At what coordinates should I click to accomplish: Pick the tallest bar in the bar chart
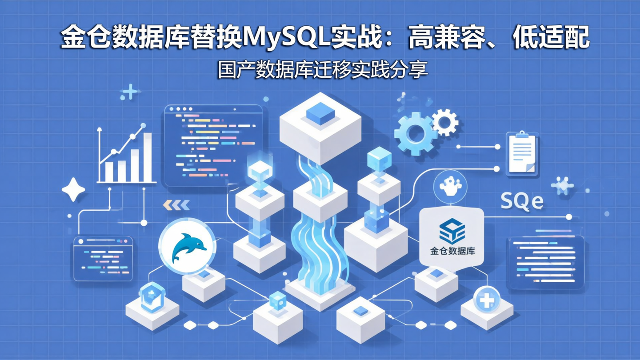(x=147, y=157)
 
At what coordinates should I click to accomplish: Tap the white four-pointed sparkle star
(x=73, y=190)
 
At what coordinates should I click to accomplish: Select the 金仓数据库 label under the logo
(x=452, y=251)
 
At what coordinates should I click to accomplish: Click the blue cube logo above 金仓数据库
(x=452, y=231)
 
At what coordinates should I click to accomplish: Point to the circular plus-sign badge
(x=487, y=301)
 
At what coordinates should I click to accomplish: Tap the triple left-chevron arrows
(x=176, y=204)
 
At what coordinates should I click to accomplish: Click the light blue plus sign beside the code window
(x=130, y=92)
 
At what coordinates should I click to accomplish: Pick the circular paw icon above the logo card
(x=452, y=186)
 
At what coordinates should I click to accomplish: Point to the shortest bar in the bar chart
(x=109, y=172)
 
